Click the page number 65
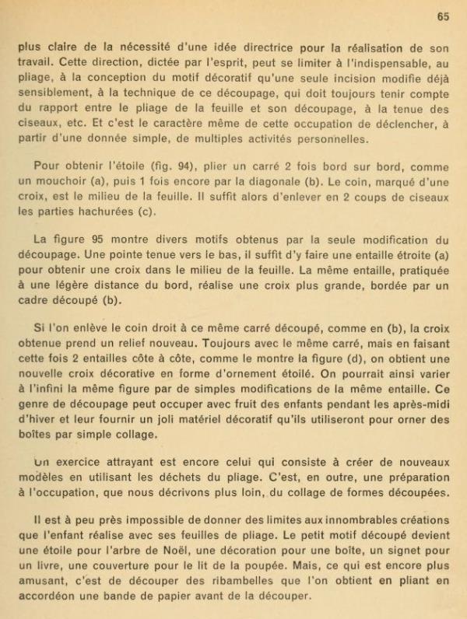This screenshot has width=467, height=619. (x=443, y=16)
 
